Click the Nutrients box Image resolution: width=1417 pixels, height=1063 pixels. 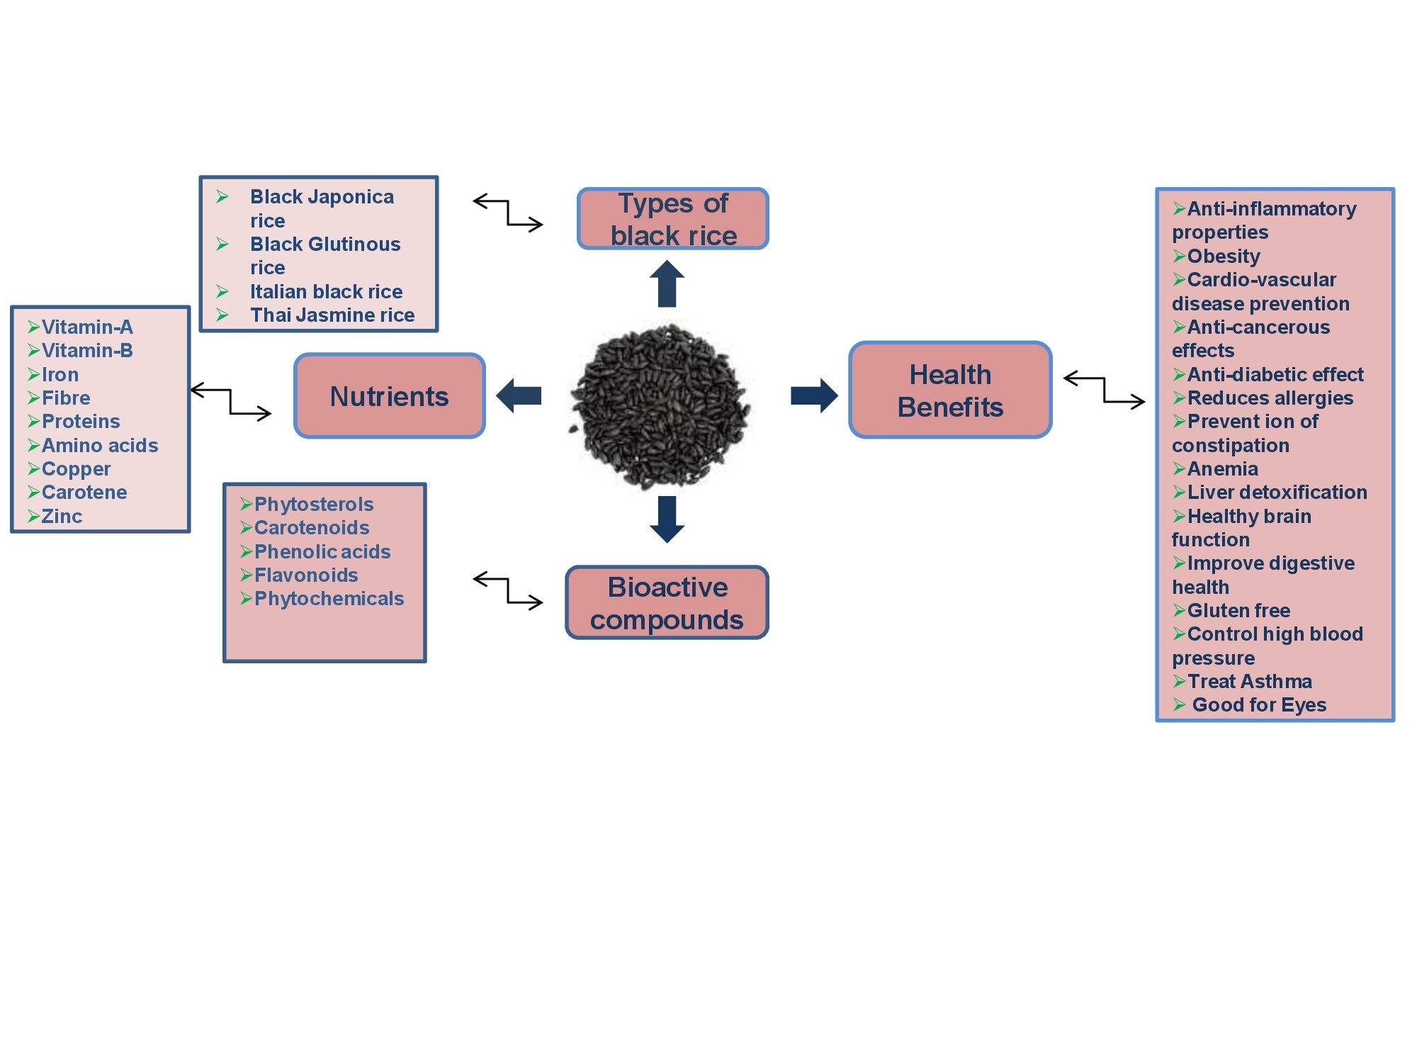[x=390, y=395]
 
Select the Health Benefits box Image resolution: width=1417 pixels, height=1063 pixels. [x=950, y=390]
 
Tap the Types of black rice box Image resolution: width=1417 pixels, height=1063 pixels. [x=673, y=218]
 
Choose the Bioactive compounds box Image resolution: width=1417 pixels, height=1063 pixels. [x=667, y=602]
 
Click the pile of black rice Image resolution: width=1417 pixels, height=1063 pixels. [x=659, y=406]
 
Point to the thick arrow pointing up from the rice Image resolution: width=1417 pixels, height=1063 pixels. [x=667, y=283]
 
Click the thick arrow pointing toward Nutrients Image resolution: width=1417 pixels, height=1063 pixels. [x=519, y=395]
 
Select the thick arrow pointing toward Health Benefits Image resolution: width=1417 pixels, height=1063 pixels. [x=814, y=395]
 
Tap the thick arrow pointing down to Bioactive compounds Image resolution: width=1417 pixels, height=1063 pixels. [x=667, y=519]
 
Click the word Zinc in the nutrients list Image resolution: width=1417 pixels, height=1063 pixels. [x=62, y=516]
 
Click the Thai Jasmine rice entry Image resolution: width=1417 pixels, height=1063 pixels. [x=332, y=315]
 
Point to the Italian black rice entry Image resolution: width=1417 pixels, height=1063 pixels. [x=326, y=291]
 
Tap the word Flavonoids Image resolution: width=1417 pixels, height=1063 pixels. [x=306, y=575]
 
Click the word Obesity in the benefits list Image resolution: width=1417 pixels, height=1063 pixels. [x=1224, y=256]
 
